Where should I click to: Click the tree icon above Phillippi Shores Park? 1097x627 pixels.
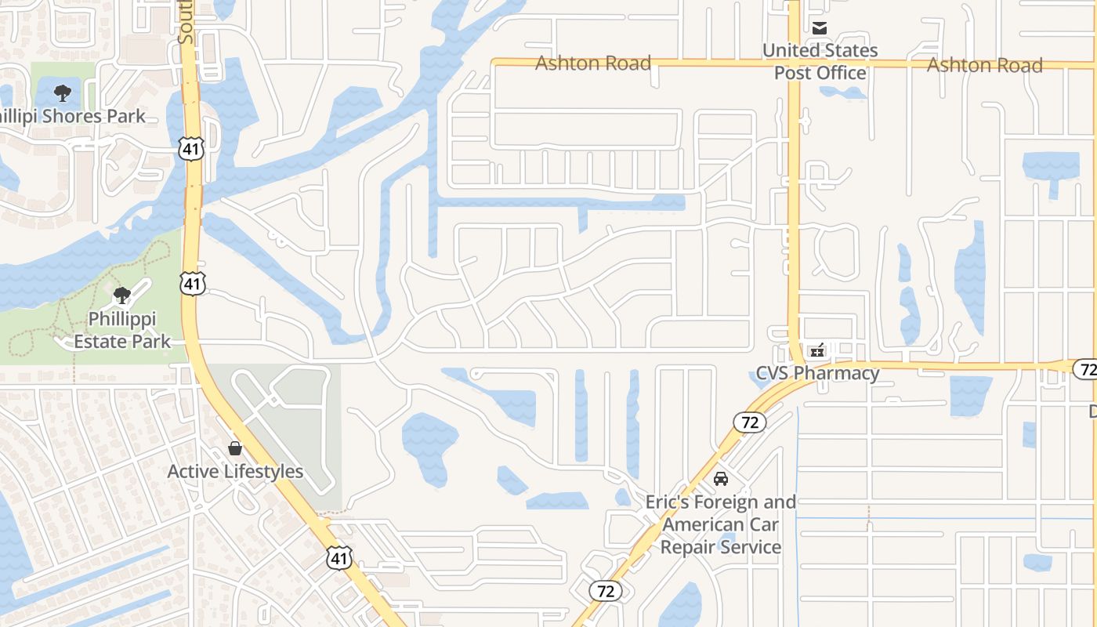(x=63, y=93)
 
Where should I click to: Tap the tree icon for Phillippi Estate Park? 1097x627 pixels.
(x=121, y=295)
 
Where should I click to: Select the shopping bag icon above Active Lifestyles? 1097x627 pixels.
(x=234, y=448)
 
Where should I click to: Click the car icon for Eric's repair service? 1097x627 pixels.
(x=721, y=478)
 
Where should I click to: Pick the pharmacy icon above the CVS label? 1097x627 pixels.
(x=817, y=350)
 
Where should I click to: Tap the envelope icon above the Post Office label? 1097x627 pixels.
(x=820, y=29)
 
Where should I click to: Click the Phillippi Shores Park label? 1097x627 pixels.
(x=72, y=117)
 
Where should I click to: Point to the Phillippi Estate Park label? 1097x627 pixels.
(x=122, y=330)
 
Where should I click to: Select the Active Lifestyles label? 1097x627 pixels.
(x=235, y=472)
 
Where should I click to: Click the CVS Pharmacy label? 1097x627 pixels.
(x=817, y=373)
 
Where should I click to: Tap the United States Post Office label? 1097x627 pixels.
(x=820, y=61)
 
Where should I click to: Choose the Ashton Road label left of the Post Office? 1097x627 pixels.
(x=593, y=63)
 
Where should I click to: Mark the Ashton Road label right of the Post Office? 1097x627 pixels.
(x=984, y=65)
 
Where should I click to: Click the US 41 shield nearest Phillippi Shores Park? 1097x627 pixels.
(x=191, y=147)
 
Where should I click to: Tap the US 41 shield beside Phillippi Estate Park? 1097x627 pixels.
(x=193, y=283)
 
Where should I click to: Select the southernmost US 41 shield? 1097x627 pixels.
(x=339, y=557)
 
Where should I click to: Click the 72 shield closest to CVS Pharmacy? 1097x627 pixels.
(x=750, y=422)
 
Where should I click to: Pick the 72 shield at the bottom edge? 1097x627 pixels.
(x=606, y=590)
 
